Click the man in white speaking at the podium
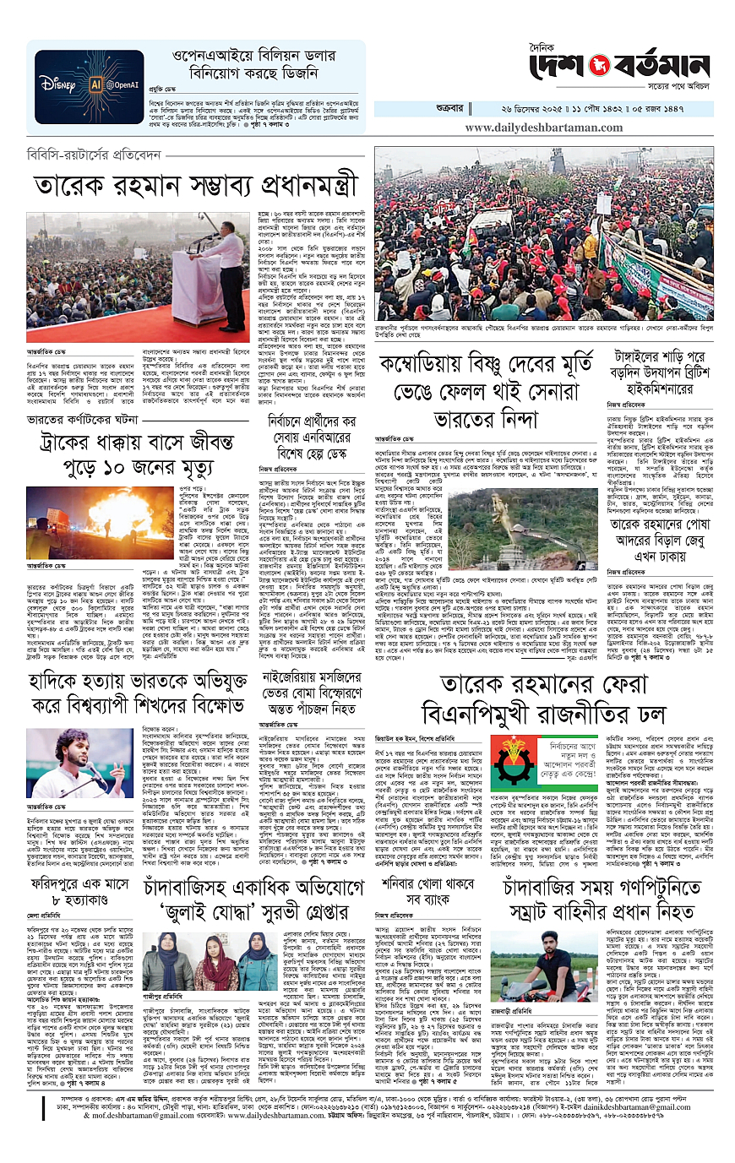pyautogui.click(x=221, y=264)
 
